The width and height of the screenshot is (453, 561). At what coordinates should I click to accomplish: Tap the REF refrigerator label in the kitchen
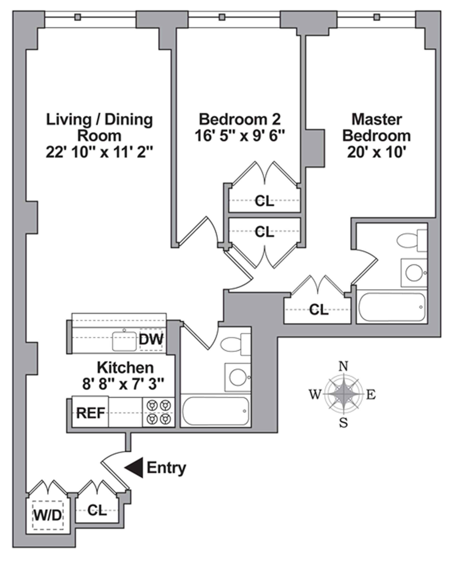[x=91, y=413]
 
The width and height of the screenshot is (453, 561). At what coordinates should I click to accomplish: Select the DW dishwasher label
[x=151, y=340]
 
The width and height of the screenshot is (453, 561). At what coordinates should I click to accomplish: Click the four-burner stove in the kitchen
[x=159, y=412]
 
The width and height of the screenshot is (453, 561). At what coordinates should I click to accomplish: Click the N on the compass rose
[x=343, y=367]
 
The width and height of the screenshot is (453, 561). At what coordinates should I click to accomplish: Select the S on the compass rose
[x=343, y=423]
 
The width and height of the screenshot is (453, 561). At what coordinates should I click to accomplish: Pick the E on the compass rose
[x=371, y=395]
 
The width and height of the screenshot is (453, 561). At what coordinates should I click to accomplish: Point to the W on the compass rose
[x=315, y=394]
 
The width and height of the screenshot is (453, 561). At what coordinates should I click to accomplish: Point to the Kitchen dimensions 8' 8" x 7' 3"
[x=123, y=384]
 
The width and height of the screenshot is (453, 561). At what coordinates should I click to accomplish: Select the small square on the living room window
[x=77, y=17]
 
